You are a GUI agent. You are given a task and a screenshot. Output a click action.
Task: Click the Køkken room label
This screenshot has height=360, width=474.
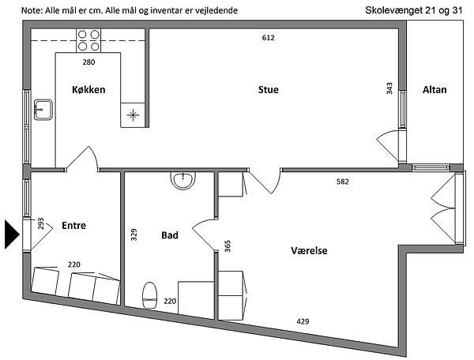tap(88, 90)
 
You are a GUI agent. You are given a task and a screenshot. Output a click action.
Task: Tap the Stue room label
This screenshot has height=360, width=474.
tap(269, 90)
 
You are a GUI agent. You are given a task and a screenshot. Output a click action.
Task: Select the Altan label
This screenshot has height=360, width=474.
tap(434, 90)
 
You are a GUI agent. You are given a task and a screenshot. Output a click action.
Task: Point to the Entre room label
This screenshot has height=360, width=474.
tap(73, 225)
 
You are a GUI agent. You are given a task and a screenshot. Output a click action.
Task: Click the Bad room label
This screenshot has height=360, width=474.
tap(170, 235)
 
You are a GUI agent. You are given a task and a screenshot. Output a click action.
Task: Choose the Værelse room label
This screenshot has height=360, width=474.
tap(309, 251)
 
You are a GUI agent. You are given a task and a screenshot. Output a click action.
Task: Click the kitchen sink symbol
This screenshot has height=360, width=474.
tap(43, 110)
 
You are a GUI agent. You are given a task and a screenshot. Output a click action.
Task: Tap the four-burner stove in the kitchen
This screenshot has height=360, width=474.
tap(88, 40)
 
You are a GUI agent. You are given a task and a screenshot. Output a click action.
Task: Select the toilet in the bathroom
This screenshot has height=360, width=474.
tap(150, 295)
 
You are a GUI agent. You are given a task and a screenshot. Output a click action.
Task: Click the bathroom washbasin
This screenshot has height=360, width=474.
tap(183, 181)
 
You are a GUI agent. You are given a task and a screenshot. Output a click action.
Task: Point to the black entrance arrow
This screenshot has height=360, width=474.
tap(12, 234)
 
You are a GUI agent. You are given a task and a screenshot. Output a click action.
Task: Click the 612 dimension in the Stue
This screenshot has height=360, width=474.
tap(268, 38)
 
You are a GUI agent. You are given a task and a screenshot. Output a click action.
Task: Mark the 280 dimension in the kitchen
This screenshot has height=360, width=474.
tap(88, 62)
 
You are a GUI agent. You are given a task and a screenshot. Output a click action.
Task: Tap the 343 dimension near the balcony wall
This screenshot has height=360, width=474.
tap(389, 88)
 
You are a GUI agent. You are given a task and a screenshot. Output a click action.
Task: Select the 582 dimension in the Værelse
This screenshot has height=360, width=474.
tap(343, 182)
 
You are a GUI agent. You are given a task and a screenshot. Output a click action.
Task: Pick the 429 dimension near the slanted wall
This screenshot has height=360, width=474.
tap(303, 321)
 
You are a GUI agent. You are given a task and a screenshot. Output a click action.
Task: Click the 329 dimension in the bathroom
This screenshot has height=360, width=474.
tap(134, 234)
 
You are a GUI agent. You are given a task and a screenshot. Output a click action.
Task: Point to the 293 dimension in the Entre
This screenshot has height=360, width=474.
tap(41, 223)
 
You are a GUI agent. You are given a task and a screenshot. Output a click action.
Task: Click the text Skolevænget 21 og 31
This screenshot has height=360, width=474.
tap(414, 10)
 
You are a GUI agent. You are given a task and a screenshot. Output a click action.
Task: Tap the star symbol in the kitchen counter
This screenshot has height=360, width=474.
tap(133, 115)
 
